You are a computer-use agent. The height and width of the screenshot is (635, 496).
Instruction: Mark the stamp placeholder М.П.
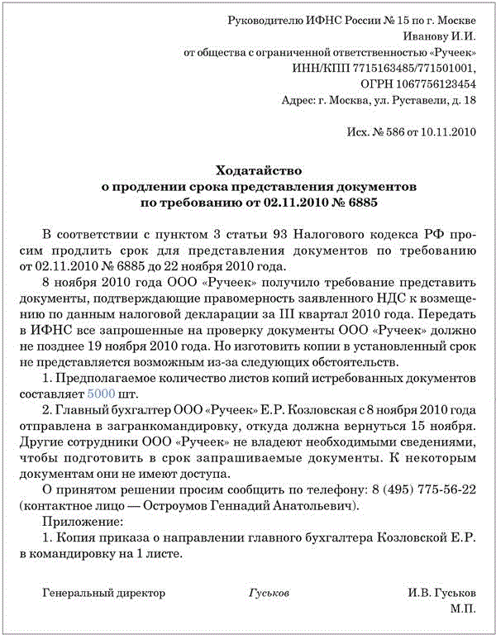click(x=463, y=608)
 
